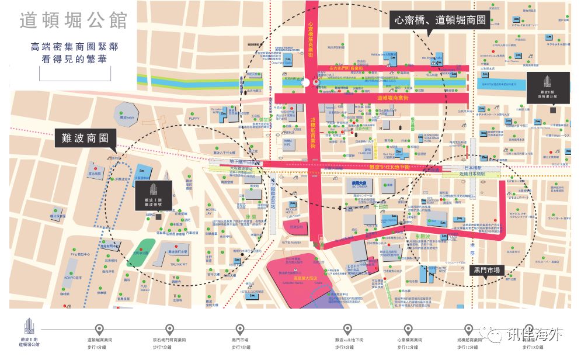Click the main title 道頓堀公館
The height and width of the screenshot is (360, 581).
point(74,20)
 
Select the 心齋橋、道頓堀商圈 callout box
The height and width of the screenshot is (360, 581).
point(440,20)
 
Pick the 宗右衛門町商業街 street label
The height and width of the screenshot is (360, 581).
point(338,68)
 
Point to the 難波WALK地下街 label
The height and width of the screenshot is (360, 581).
point(391,167)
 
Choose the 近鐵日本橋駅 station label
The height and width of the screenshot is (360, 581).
point(471,174)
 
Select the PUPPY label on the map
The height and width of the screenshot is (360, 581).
point(194,117)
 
